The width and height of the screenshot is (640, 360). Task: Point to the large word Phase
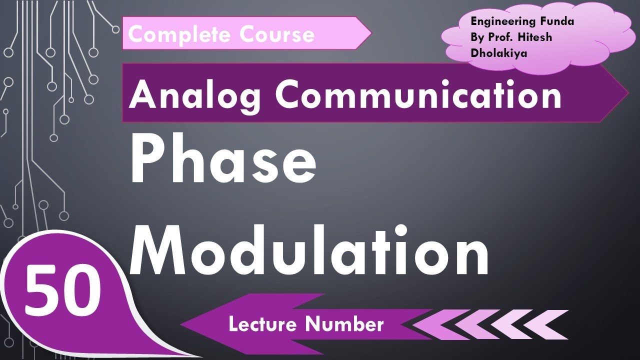(x=223, y=161)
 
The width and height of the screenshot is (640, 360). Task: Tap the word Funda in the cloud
(x=559, y=21)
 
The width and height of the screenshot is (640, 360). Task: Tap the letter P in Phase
(x=148, y=161)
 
